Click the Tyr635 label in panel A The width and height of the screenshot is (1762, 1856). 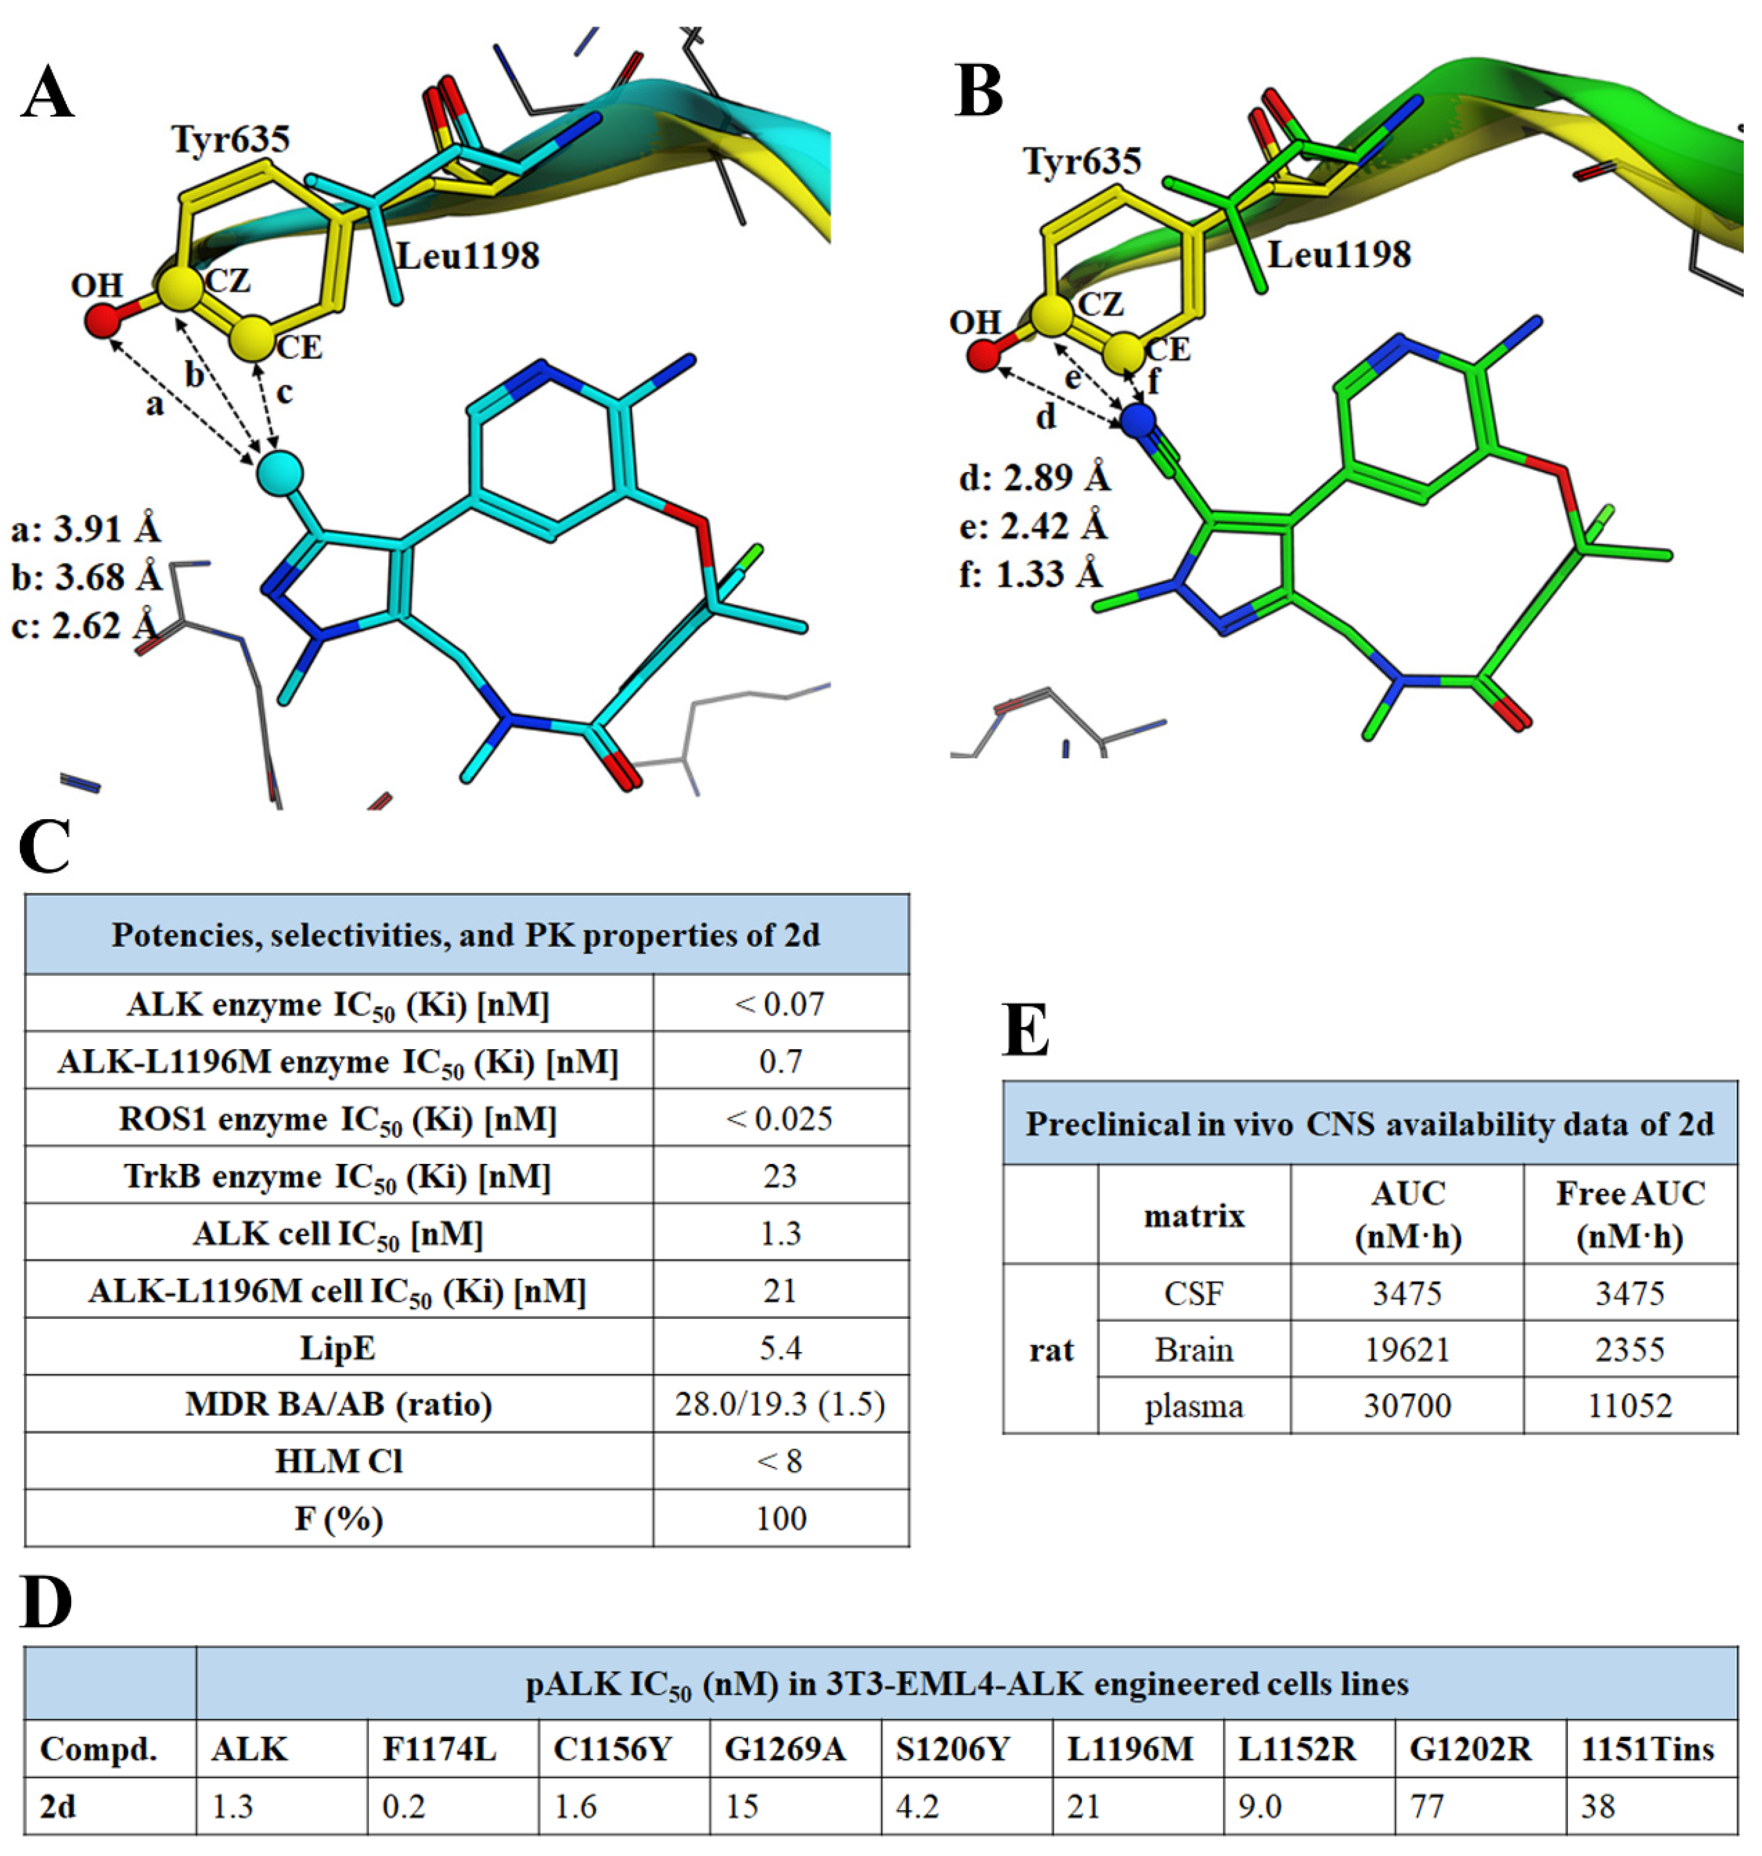(231, 139)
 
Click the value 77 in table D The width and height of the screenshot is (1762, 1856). (1428, 1806)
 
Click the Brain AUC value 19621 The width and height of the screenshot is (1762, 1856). (1407, 1349)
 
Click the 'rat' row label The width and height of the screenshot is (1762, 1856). (1051, 1349)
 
